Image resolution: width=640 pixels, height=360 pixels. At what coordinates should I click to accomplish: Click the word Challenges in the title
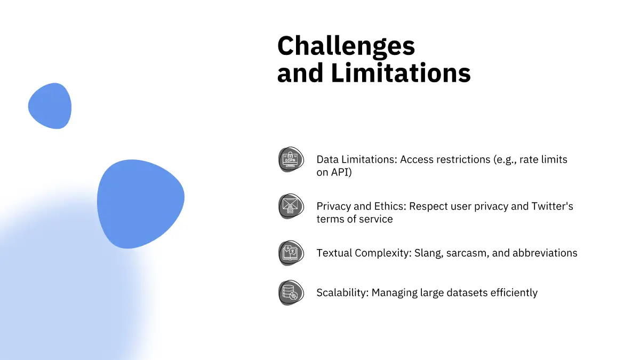point(346,46)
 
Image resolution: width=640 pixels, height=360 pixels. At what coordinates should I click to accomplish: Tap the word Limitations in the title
point(401,73)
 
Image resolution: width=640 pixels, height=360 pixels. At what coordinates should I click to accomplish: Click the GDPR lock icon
point(291,159)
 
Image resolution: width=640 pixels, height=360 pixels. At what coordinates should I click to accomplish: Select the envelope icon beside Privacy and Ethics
point(291,206)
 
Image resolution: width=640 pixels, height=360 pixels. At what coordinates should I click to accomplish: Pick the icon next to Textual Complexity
point(291,253)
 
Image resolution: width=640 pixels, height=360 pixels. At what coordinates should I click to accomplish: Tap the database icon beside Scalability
point(291,293)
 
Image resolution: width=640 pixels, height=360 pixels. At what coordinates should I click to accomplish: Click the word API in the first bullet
point(341,172)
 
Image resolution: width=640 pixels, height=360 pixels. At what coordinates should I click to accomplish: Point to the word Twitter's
point(552,206)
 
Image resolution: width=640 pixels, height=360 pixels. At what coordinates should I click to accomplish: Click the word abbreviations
point(545,253)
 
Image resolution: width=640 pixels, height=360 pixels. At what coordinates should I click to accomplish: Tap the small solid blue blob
point(50,106)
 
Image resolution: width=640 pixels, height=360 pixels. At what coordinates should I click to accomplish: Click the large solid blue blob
point(140,203)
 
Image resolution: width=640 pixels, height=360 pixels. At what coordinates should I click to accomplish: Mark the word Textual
point(334,253)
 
